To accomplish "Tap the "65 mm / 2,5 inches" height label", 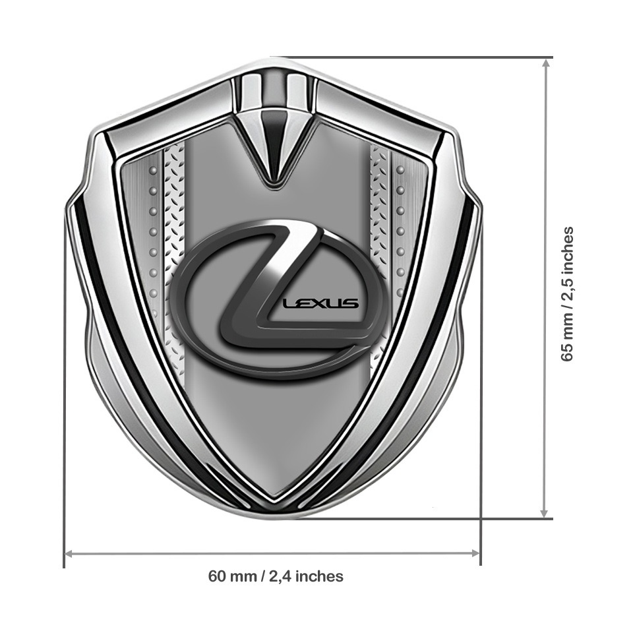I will pyautogui.click(x=566, y=293).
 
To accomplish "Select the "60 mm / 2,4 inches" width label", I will pyautogui.click(x=276, y=576).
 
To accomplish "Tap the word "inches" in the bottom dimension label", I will pyautogui.click(x=319, y=576).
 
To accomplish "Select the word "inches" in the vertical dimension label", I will pyautogui.click(x=566, y=249).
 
